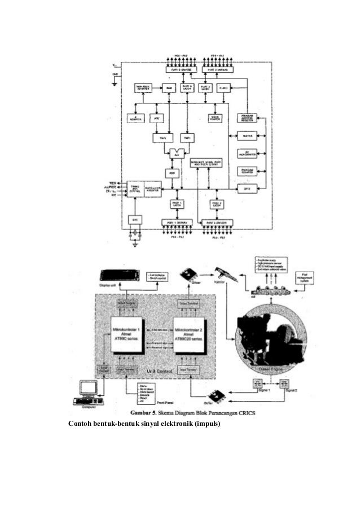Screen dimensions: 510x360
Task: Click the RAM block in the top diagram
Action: click(168, 88)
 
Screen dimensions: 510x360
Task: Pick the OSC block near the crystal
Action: click(134, 219)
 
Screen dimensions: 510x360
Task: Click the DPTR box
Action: click(246, 188)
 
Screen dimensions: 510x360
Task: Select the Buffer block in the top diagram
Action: click(246, 136)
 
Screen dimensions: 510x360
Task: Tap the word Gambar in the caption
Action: click(141, 413)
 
